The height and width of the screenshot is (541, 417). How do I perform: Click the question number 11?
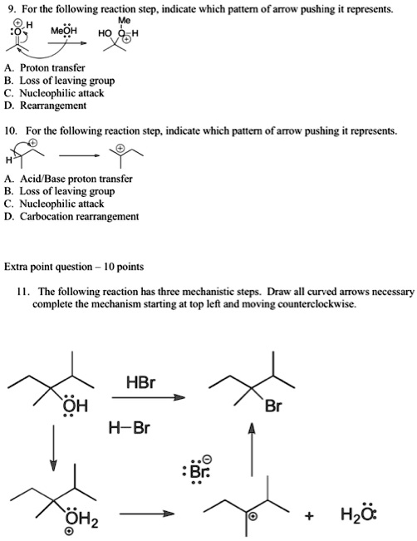click(x=23, y=293)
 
